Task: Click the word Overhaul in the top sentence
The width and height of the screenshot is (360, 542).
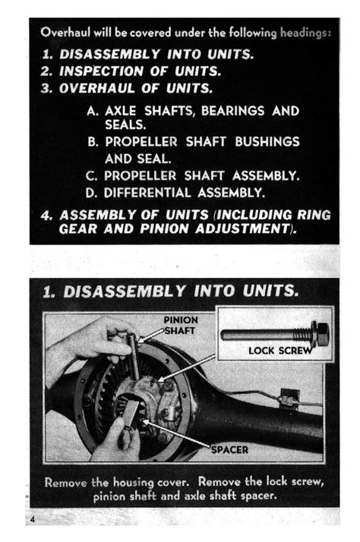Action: [65, 33]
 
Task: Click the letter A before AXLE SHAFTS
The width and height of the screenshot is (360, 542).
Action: [92, 110]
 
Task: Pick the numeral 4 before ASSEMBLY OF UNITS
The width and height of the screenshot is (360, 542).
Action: [46, 215]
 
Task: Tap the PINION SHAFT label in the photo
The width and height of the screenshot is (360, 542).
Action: [180, 325]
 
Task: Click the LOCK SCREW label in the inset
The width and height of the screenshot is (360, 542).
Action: [280, 351]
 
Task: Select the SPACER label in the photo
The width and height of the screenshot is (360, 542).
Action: [229, 449]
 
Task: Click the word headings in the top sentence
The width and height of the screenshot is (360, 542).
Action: [305, 33]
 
